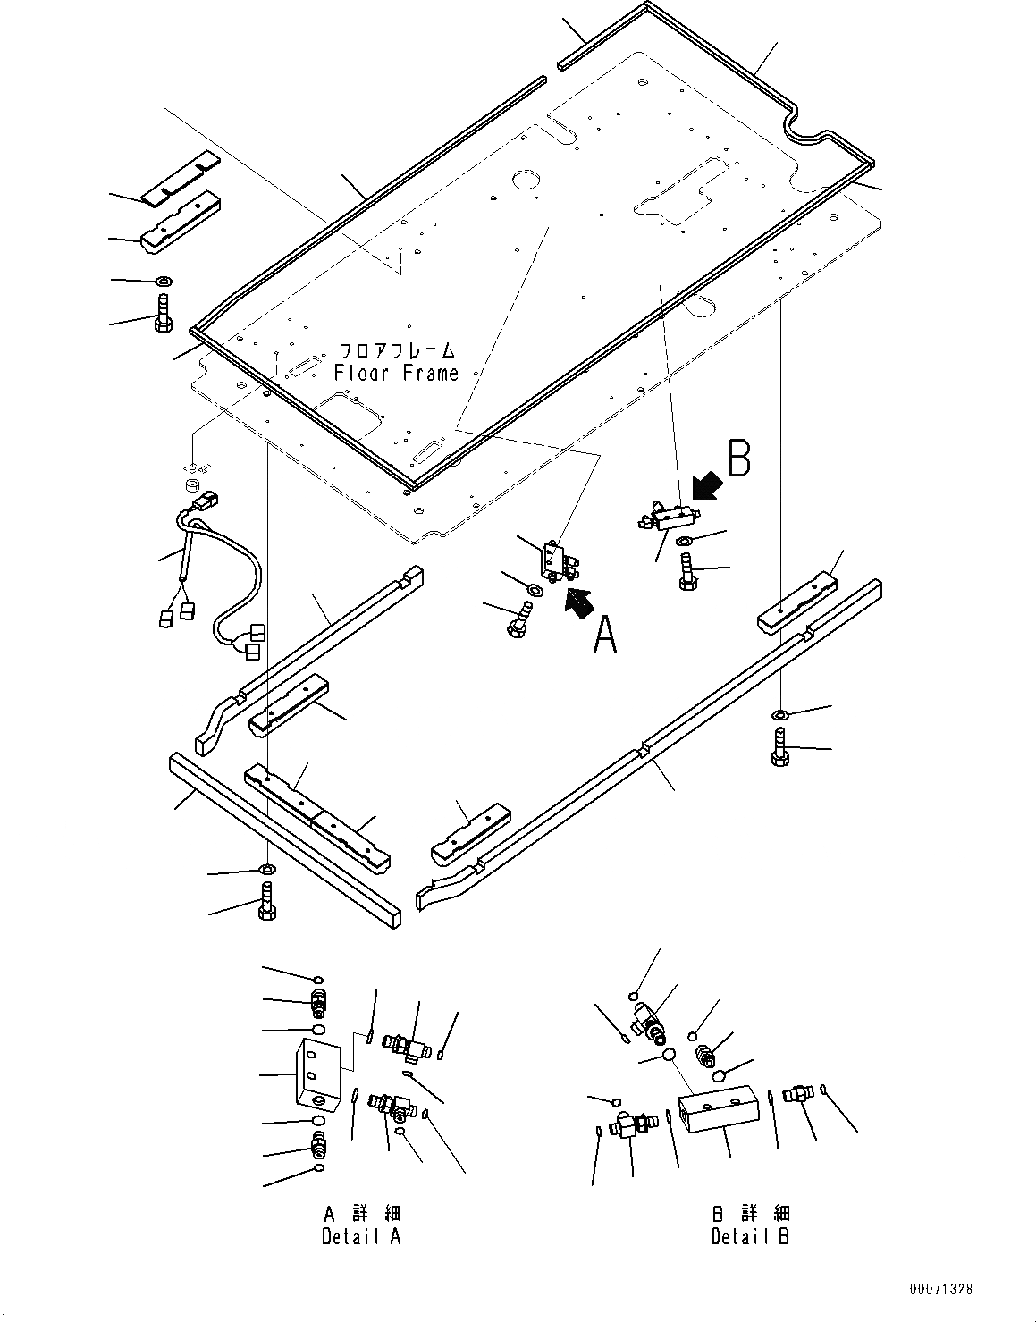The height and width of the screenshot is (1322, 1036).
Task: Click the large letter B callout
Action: (738, 458)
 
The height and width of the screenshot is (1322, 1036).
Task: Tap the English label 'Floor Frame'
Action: (396, 373)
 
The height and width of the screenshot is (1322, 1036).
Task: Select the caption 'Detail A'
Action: (361, 1236)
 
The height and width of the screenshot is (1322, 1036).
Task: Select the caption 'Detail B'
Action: (750, 1236)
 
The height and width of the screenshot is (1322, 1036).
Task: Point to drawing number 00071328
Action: (940, 1289)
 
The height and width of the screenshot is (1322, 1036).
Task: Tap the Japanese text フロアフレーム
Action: (396, 349)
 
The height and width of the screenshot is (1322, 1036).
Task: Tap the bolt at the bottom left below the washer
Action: (267, 899)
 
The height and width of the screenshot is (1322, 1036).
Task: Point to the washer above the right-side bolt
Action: (779, 713)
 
